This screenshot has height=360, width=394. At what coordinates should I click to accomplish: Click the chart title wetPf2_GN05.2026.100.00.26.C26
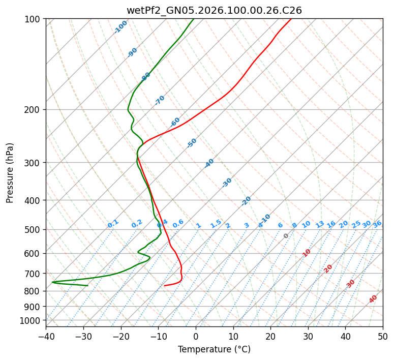(x=214, y=10)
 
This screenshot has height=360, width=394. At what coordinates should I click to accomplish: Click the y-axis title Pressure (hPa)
(x=10, y=172)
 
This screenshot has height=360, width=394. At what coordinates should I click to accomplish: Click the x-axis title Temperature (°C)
(x=214, y=349)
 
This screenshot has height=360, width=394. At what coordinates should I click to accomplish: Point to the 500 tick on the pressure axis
(x=34, y=229)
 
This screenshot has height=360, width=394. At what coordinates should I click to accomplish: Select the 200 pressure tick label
(x=34, y=109)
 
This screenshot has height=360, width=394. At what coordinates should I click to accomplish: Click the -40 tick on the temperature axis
(x=46, y=336)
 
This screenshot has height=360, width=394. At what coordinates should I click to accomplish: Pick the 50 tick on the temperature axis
(x=383, y=336)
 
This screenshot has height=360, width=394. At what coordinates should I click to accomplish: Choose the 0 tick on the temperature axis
(x=196, y=336)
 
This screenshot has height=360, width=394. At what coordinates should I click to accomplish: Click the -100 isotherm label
(x=121, y=27)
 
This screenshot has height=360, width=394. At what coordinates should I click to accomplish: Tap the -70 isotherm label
(x=160, y=100)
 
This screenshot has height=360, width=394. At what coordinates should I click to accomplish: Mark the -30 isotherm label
(x=227, y=183)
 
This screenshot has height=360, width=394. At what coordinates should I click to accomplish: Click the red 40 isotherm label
(x=373, y=299)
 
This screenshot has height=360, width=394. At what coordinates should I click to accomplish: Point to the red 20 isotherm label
(x=328, y=268)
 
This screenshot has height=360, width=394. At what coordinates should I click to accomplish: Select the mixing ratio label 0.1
(x=113, y=223)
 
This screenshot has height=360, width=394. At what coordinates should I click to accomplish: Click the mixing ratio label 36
(x=377, y=224)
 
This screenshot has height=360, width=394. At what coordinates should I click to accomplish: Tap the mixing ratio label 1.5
(x=216, y=223)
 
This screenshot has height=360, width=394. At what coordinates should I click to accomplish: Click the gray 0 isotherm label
(x=286, y=236)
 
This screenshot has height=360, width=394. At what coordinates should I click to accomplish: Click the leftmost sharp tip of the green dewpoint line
(x=52, y=282)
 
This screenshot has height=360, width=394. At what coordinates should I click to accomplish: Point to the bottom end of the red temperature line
(x=164, y=285)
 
